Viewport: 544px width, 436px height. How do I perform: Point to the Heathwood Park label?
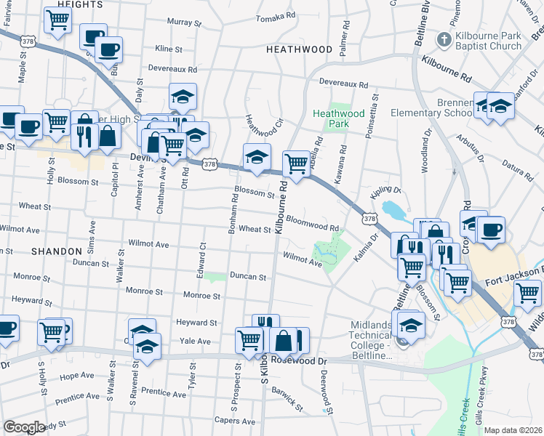click(x=338, y=118)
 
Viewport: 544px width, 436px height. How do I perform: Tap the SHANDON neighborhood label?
click(x=57, y=251)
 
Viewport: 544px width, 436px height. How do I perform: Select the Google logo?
click(x=24, y=427)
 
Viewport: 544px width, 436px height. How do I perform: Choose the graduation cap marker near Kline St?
click(x=183, y=96)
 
